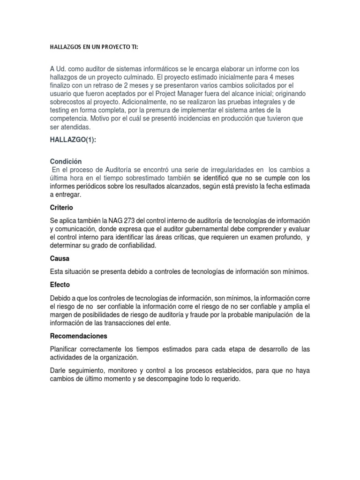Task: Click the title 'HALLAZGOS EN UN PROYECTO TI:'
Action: point(94,48)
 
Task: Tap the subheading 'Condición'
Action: point(66,161)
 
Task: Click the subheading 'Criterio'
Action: point(61,207)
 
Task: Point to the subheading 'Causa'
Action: point(60,258)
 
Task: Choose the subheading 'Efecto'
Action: point(60,285)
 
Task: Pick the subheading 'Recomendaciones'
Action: point(79,336)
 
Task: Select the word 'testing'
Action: point(60,110)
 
